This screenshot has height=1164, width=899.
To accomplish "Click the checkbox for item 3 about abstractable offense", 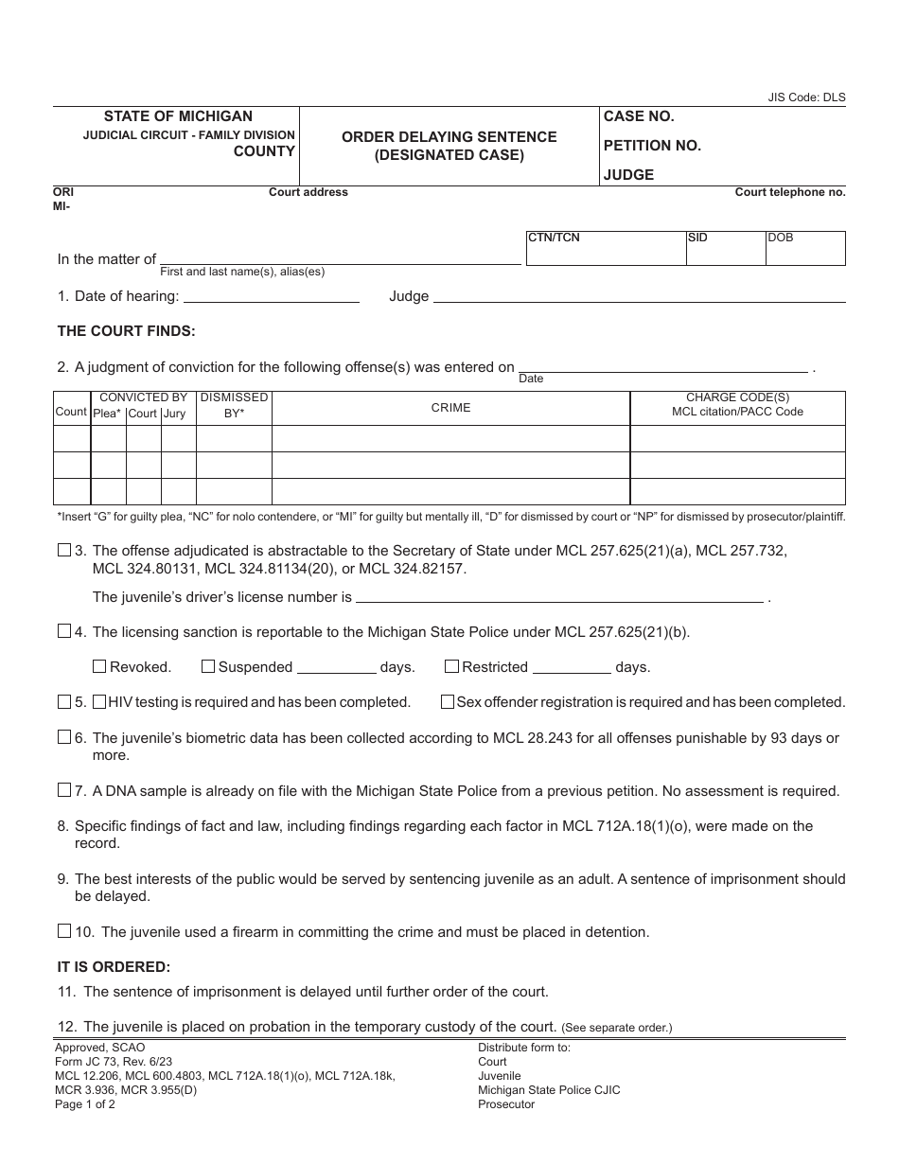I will [x=64, y=550].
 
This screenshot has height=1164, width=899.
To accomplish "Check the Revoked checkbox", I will [x=99, y=666].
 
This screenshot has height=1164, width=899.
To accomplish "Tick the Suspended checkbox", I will [x=208, y=666].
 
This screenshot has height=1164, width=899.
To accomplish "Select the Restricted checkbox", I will [x=451, y=666].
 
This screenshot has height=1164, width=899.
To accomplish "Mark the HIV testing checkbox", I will [x=98, y=702].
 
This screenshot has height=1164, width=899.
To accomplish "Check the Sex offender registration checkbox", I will [x=447, y=702].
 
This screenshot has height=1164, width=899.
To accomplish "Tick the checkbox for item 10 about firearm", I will [x=64, y=931].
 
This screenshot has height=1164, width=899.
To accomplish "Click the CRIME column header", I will [x=450, y=408].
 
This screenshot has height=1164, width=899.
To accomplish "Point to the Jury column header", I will [x=174, y=414].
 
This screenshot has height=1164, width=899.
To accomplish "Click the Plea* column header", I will [x=107, y=414].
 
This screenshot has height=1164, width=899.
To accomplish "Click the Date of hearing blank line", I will [x=271, y=295].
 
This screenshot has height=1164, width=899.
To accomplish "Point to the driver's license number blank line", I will [x=559, y=596].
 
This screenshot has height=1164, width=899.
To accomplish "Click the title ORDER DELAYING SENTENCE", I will [x=449, y=137].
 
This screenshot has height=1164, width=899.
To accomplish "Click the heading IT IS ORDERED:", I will [x=114, y=967].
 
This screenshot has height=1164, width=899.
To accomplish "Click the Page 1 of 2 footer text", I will [x=85, y=1104].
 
